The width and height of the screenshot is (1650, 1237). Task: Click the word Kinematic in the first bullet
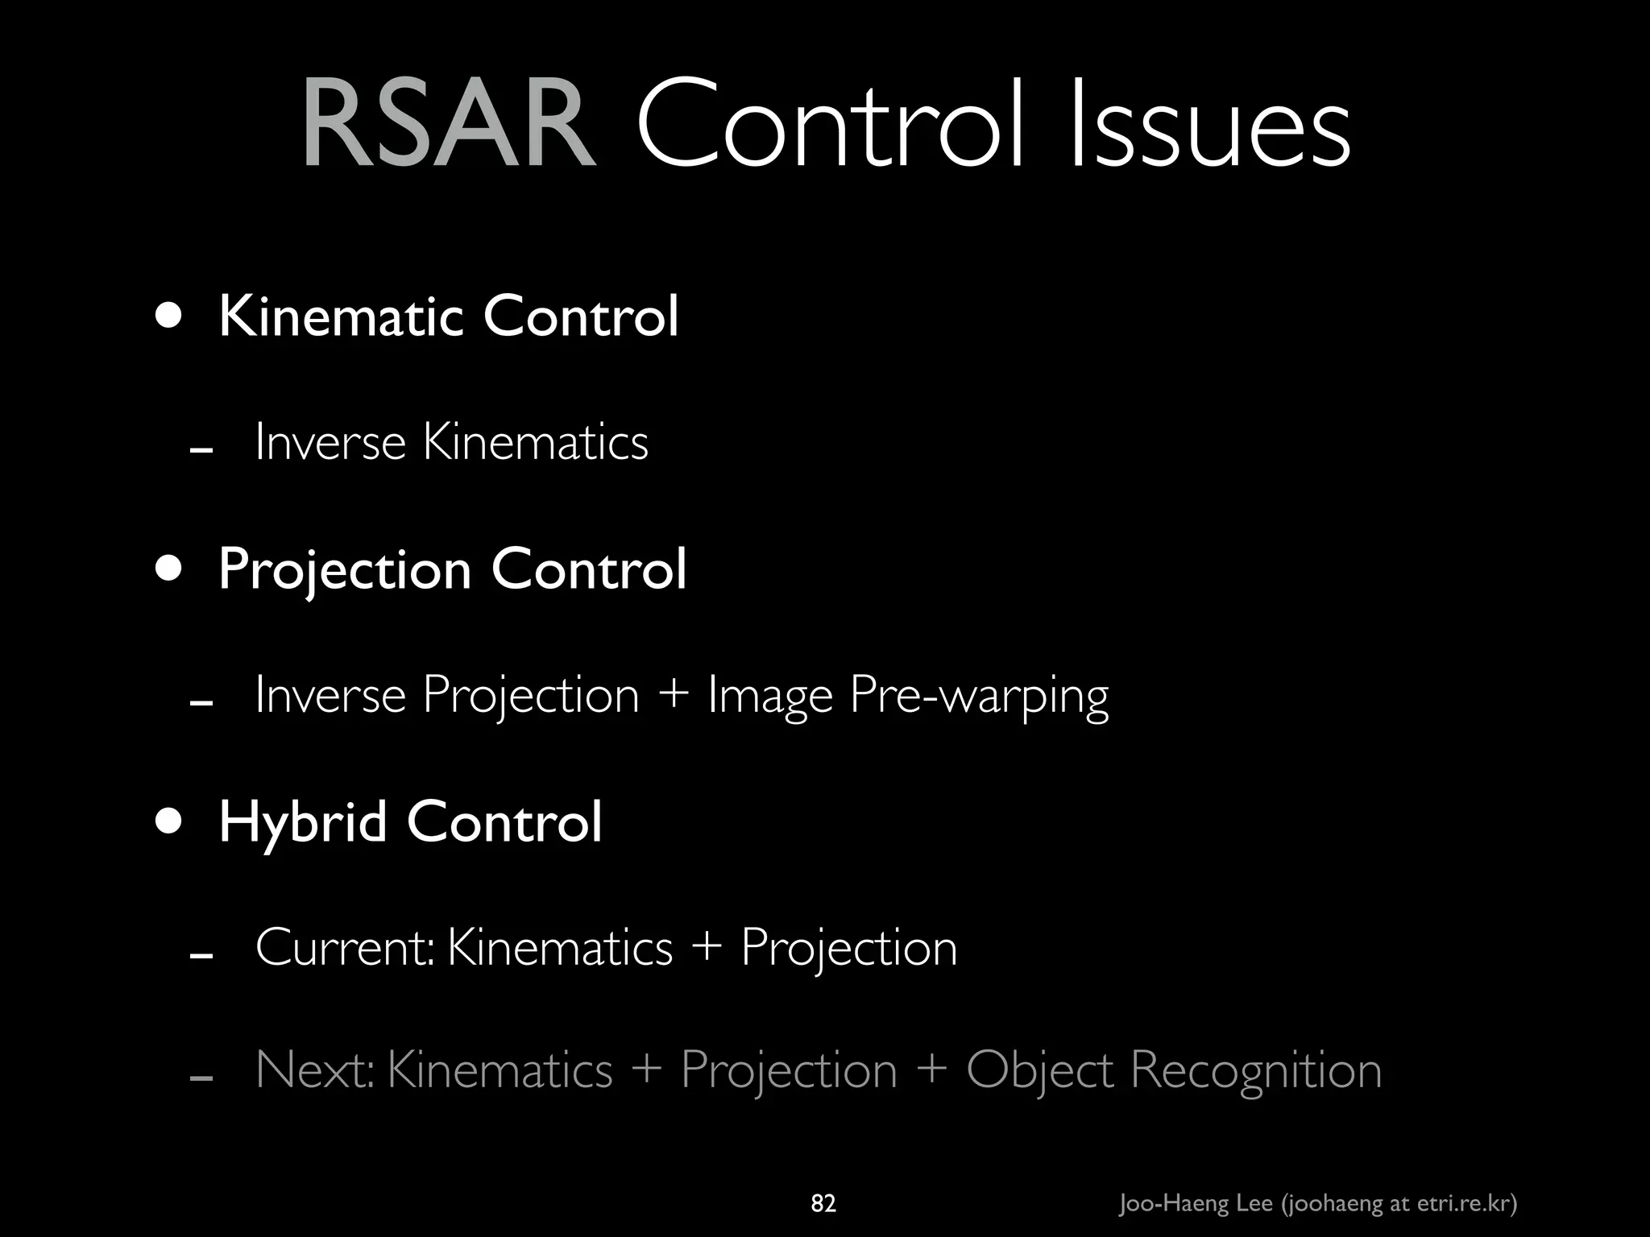tap(340, 316)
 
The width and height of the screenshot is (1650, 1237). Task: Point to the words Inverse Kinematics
tap(451, 442)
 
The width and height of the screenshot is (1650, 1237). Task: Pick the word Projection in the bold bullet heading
tap(345, 571)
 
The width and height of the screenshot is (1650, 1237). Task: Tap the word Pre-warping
tap(979, 696)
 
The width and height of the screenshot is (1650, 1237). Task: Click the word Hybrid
tap(303, 823)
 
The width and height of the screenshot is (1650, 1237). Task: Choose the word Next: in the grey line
tap(315, 1070)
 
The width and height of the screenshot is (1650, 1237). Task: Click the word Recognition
tap(1255, 1072)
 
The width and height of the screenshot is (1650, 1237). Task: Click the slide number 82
tap(823, 1204)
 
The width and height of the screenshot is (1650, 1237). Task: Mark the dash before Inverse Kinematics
tap(201, 450)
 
